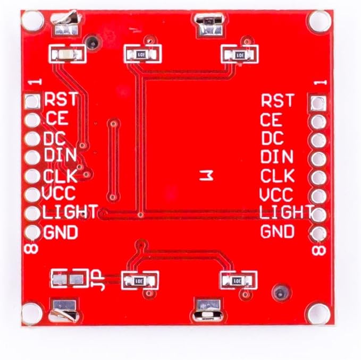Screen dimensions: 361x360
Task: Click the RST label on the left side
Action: [61, 99]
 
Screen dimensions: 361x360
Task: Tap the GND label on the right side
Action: [278, 232]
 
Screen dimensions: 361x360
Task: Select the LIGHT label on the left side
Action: [70, 211]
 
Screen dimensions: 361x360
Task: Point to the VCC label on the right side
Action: [276, 194]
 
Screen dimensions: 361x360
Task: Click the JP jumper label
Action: [98, 280]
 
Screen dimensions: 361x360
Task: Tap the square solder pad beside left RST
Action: [32, 101]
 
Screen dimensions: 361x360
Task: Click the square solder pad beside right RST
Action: [318, 102]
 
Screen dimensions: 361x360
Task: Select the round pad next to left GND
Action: [32, 232]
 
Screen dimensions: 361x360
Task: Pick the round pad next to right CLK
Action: [318, 177]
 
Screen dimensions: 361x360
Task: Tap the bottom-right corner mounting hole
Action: [318, 314]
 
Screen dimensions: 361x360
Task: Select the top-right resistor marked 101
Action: [240, 55]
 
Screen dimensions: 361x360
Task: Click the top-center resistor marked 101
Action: [142, 55]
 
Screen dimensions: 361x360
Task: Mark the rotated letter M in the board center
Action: [206, 176]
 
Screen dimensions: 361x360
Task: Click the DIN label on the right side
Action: [277, 156]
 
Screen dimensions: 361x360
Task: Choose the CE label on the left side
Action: [57, 118]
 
